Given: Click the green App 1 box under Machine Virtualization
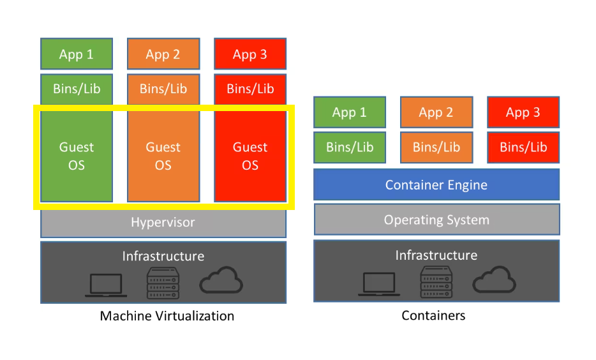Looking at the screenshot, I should [x=77, y=54].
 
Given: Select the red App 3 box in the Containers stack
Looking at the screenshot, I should [x=523, y=112].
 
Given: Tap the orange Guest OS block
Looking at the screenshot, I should [x=163, y=156].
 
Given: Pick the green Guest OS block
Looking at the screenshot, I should [x=77, y=156].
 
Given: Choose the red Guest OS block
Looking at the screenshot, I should [x=250, y=156].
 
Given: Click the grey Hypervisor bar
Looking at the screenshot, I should [x=163, y=223].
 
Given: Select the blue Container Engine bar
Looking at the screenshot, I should [x=436, y=185].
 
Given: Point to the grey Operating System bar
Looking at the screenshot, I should [x=436, y=220].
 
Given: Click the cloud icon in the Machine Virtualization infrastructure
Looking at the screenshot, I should [x=221, y=281].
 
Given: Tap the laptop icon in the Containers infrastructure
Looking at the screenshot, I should [x=379, y=284].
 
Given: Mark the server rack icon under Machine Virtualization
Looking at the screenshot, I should [x=163, y=283].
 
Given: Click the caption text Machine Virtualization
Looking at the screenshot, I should [x=167, y=316].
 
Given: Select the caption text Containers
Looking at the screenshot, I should [x=433, y=315].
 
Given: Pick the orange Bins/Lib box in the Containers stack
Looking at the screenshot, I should [x=436, y=147].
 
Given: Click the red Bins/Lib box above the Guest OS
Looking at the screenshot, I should [x=250, y=89].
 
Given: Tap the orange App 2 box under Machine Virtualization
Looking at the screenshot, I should [x=163, y=54].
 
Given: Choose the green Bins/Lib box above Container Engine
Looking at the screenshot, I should [x=350, y=147].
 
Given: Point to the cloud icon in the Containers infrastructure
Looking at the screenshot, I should [x=494, y=280].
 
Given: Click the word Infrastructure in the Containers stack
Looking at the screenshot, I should [x=436, y=255].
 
